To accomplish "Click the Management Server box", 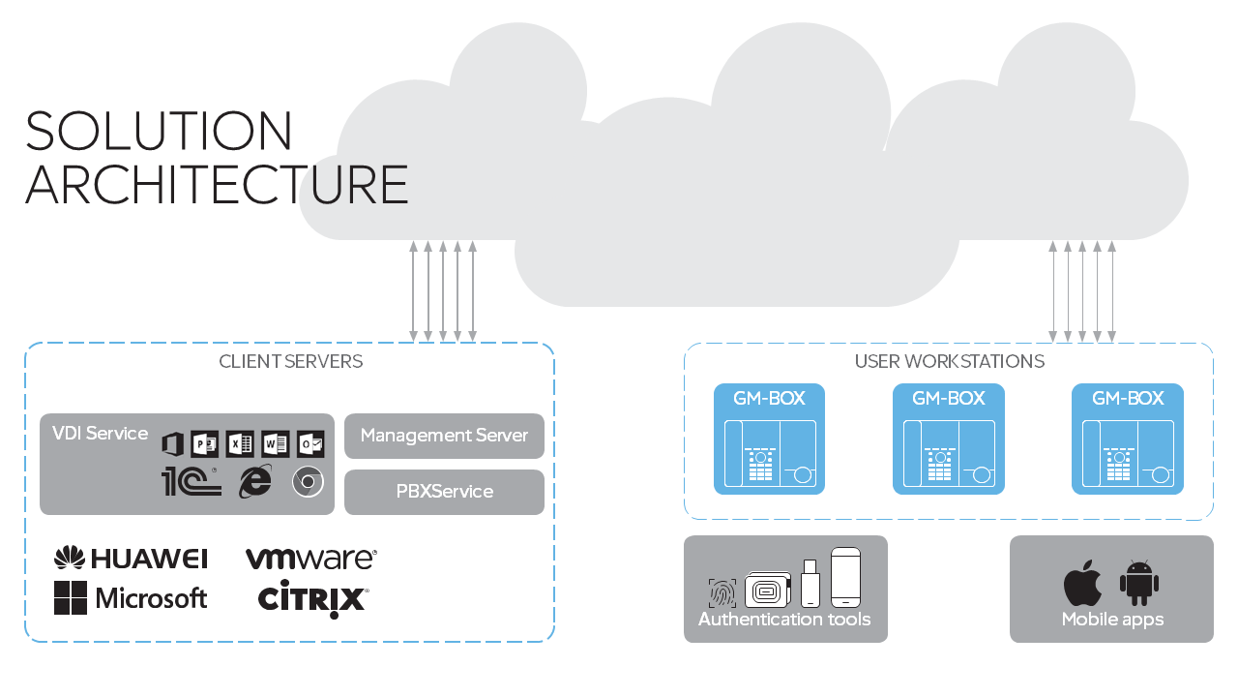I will click(x=444, y=436).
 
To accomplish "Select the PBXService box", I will click(x=444, y=492).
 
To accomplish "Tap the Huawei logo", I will click(x=131, y=559).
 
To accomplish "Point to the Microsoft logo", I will click(x=131, y=598).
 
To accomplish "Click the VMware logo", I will click(x=310, y=559).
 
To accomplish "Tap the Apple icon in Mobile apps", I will click(x=1082, y=583).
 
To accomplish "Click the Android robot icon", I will click(x=1139, y=583).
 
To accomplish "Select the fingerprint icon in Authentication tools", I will click(x=722, y=592).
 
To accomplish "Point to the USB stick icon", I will click(x=810, y=584).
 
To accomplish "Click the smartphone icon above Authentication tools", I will click(x=845, y=578).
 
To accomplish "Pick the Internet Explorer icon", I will click(x=255, y=481).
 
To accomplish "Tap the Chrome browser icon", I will click(x=308, y=481).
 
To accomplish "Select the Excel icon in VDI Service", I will click(x=240, y=444).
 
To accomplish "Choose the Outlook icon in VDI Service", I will click(x=309, y=444).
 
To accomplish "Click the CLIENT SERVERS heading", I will click(x=290, y=362).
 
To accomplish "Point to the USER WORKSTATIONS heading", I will click(x=949, y=362).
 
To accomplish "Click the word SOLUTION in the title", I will click(x=159, y=132).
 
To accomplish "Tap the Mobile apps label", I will click(x=1112, y=620).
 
